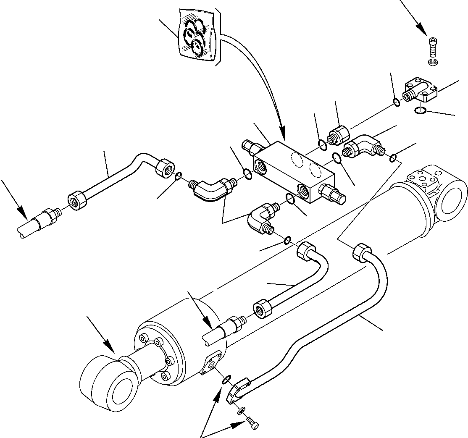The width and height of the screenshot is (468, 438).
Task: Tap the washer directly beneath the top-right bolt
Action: (433, 62)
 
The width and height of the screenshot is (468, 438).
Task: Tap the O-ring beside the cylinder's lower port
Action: (226, 380)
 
